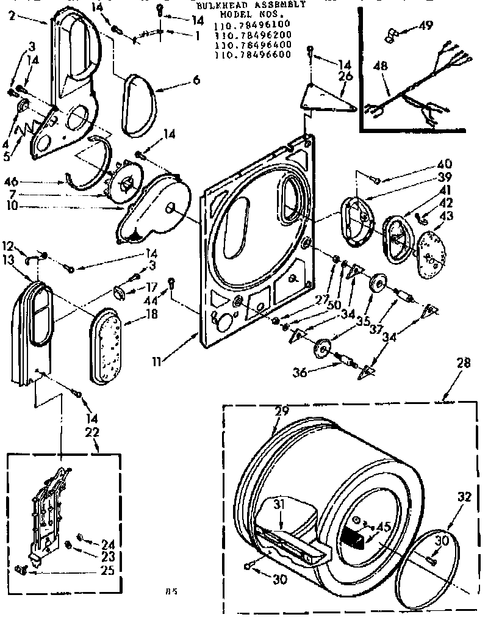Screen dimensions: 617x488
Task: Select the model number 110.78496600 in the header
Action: pyautogui.click(x=252, y=54)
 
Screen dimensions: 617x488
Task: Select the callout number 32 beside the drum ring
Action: pyautogui.click(x=464, y=496)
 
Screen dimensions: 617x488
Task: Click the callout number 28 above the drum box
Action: pyautogui.click(x=464, y=363)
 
